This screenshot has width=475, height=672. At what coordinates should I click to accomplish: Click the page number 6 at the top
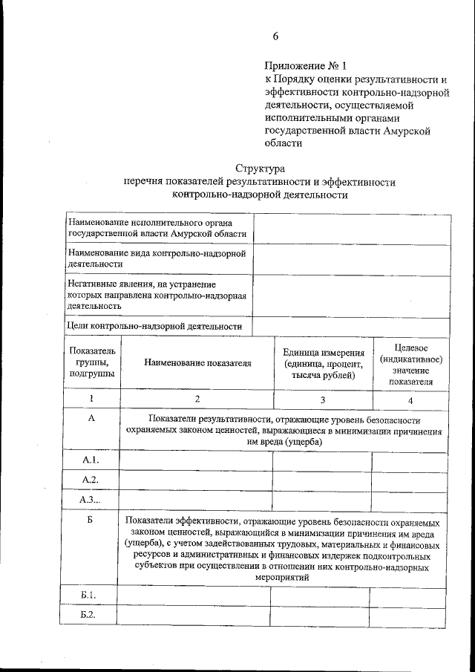point(275,36)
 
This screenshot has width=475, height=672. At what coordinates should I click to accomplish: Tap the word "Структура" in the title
point(260,169)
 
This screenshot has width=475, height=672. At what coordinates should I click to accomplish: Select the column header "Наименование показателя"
point(197,364)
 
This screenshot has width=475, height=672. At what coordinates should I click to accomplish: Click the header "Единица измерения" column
point(322,364)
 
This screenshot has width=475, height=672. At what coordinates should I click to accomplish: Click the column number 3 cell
point(322,399)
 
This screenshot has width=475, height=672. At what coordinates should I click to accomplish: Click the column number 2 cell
point(197,399)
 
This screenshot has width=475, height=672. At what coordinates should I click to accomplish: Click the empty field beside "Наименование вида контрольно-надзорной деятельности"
point(352,258)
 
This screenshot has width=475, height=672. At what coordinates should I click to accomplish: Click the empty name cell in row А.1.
point(196,462)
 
